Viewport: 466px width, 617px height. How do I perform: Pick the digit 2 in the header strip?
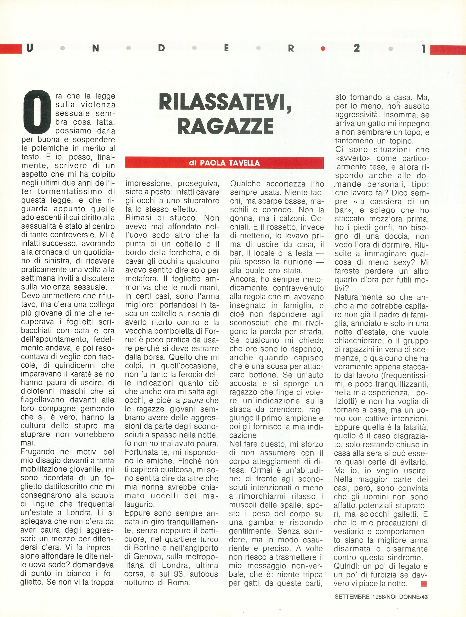[356, 48]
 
